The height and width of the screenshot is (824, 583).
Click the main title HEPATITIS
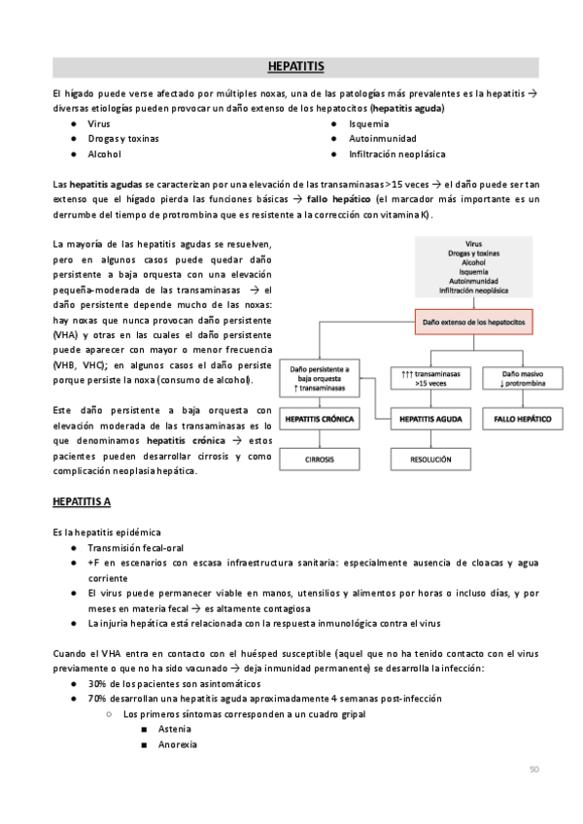click(x=295, y=67)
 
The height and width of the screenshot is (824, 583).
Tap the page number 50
click(x=533, y=770)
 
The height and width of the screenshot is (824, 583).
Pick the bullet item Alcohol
click(x=105, y=154)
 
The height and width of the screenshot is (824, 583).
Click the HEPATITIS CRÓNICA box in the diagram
click(x=320, y=420)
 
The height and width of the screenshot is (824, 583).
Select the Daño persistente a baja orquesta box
click(x=320, y=378)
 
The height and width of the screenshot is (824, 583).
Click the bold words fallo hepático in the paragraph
click(x=333, y=197)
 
